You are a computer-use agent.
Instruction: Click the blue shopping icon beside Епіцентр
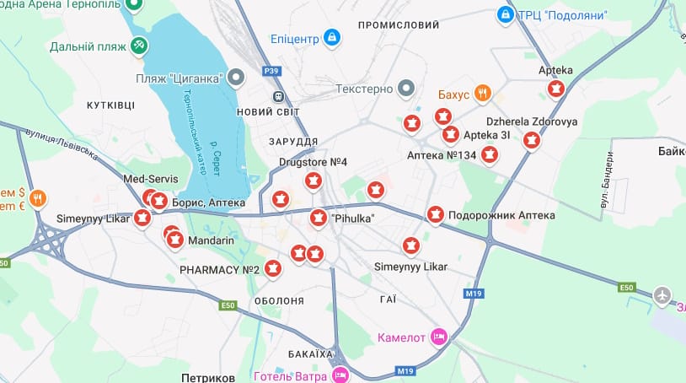[332, 37]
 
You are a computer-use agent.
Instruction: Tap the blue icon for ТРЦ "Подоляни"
[505, 14]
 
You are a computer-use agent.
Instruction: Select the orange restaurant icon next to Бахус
[482, 94]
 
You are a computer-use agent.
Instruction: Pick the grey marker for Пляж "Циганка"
[237, 78]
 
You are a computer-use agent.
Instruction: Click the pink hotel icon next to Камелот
[438, 336]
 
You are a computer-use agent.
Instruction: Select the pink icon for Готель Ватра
[340, 374]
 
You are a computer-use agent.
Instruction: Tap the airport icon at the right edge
[664, 296]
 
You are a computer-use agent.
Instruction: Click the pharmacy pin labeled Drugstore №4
[314, 180]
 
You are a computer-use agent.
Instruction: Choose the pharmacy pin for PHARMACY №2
[272, 268]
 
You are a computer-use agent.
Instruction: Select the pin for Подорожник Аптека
[435, 215]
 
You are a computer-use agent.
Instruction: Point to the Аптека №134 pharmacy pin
[489, 154]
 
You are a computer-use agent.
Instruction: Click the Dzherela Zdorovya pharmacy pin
[531, 140]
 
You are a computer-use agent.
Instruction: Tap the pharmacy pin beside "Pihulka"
[318, 218]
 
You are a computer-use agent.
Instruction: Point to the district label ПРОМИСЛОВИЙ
[398, 25]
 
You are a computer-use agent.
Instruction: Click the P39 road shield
[271, 72]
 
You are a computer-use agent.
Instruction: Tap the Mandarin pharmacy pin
[175, 240]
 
